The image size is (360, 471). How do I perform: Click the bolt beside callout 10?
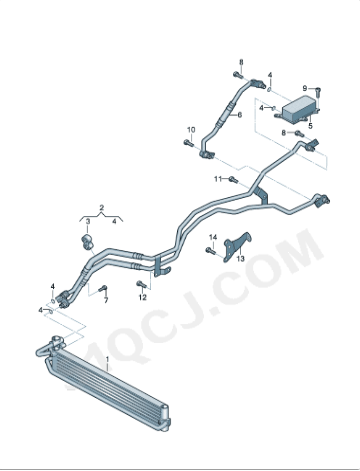(189, 144)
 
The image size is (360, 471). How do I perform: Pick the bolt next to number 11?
(232, 179)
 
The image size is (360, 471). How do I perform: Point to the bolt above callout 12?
(141, 285)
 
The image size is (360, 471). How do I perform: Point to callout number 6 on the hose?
(240, 115)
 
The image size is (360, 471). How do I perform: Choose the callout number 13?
(240, 271)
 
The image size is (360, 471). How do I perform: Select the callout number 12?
(142, 298)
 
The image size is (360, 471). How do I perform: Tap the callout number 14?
(212, 237)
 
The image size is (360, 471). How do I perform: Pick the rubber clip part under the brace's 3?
(86, 240)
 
